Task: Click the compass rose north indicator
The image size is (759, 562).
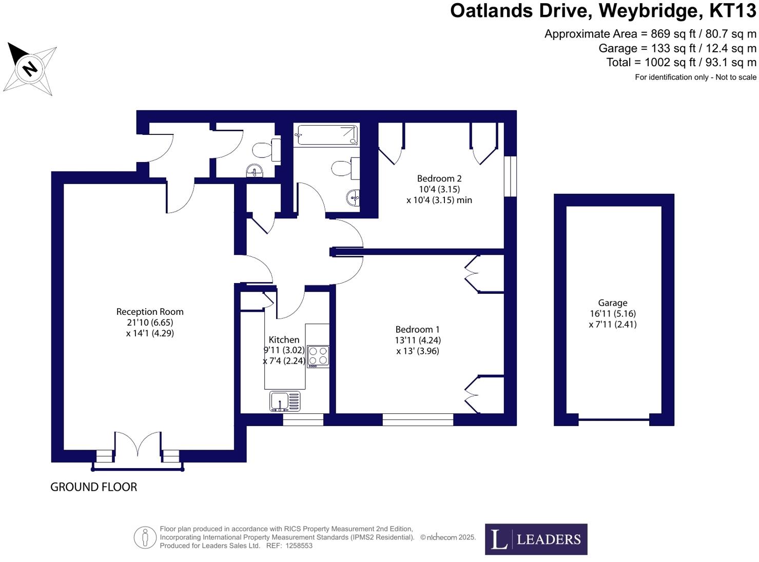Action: (30, 68)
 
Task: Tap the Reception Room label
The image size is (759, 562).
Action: (150, 312)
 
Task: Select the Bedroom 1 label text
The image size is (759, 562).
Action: (417, 330)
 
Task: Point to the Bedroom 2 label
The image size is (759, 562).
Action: (439, 178)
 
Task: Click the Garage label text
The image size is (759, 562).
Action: (612, 303)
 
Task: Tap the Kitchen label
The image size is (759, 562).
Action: (284, 339)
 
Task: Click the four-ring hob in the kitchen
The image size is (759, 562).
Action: (318, 356)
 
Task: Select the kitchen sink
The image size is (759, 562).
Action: (285, 401)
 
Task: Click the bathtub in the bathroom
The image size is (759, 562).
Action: (326, 135)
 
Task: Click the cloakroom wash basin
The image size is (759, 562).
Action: (255, 170)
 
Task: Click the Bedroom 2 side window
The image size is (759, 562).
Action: (510, 176)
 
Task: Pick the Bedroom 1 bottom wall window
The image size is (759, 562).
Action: (418, 419)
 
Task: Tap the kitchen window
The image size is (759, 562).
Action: (303, 419)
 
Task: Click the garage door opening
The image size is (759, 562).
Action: (614, 420)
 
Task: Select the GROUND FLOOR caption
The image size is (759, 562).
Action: (93, 487)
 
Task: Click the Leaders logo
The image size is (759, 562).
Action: (536, 539)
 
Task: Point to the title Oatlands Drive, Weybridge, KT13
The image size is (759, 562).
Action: (603, 11)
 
